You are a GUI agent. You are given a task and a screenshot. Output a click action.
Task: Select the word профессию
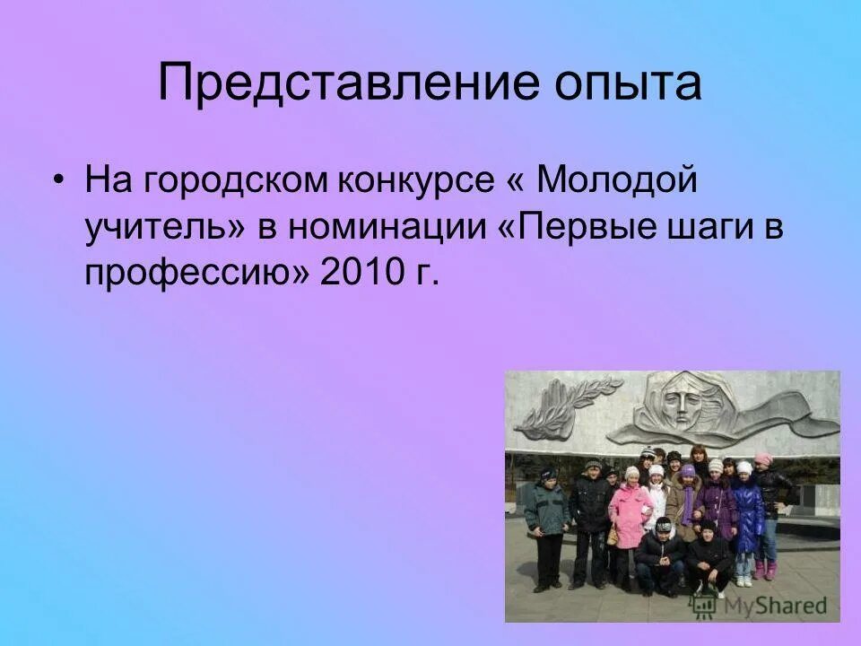[x=195, y=273]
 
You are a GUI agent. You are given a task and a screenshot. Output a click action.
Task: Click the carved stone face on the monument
[x=683, y=404]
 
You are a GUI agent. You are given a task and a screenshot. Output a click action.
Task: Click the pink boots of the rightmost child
[x=764, y=571]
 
